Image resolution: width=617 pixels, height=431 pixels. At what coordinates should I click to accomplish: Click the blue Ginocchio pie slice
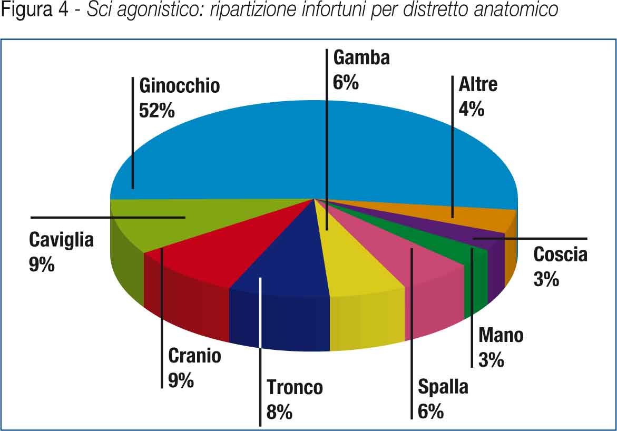click(263, 148)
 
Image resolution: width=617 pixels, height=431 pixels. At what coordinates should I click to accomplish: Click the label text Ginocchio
click(180, 85)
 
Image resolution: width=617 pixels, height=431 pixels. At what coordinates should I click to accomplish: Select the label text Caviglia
click(61, 240)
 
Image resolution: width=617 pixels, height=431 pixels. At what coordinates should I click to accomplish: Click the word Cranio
click(194, 356)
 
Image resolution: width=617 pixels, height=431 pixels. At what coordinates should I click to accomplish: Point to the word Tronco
click(295, 387)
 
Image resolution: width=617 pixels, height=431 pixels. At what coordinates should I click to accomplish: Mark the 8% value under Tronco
click(279, 412)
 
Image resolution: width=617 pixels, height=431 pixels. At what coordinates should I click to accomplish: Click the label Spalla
click(443, 387)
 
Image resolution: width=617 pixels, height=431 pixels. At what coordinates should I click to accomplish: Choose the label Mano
click(501, 336)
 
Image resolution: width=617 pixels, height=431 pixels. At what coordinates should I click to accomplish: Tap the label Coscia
click(560, 254)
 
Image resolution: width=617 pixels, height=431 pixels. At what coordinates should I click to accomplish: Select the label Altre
click(478, 84)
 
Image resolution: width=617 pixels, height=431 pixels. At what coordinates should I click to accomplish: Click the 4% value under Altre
click(472, 109)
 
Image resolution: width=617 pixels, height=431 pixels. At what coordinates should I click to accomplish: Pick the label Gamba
click(361, 57)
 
